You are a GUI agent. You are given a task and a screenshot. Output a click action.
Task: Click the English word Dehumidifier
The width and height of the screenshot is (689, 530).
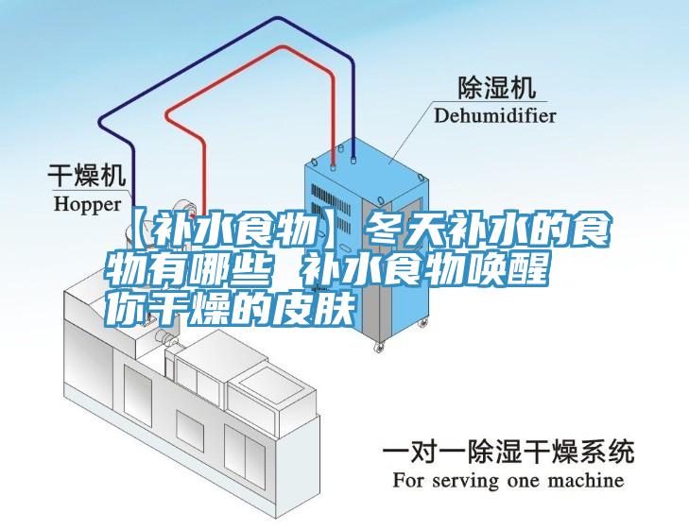click(x=495, y=115)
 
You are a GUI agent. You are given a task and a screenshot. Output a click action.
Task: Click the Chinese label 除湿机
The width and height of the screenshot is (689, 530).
click(x=497, y=87)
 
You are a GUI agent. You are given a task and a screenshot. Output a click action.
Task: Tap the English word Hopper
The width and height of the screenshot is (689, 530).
click(x=87, y=204)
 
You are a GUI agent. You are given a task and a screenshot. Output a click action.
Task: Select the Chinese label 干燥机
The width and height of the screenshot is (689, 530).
click(x=87, y=175)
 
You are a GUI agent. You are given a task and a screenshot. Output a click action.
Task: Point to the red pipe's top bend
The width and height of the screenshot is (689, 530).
click(x=279, y=46)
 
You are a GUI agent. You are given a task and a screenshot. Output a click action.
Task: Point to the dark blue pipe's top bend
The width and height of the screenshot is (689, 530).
click(x=277, y=19)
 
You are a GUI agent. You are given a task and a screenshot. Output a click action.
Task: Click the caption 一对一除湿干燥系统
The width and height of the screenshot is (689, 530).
click(x=508, y=451)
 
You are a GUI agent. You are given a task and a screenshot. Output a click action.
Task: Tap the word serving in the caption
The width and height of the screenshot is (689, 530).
click(x=466, y=481)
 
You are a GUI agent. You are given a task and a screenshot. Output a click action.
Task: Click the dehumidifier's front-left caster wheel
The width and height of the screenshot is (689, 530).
click(x=379, y=347)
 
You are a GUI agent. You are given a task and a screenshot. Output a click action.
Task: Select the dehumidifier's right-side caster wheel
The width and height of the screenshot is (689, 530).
click(x=423, y=323)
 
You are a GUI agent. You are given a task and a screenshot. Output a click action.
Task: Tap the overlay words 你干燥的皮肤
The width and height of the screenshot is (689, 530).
click(x=231, y=310)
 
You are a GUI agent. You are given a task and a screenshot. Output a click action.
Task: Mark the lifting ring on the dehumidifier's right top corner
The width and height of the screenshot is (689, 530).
click(x=422, y=178)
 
